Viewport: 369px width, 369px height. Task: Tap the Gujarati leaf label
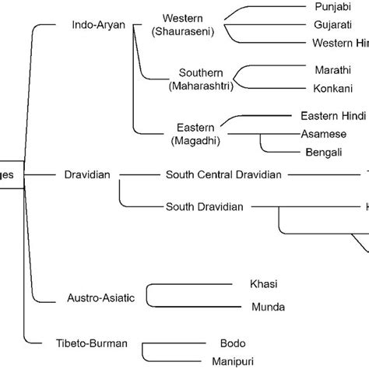click(332, 24)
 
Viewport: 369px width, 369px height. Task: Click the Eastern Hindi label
click(332, 115)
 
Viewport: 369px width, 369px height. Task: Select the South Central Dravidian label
click(223, 176)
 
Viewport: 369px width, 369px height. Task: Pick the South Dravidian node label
click(205, 207)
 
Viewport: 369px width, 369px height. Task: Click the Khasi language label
click(264, 284)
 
